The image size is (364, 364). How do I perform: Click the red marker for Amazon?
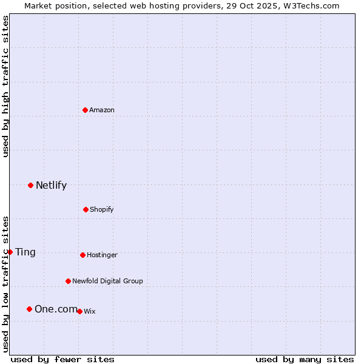pyautogui.click(x=86, y=110)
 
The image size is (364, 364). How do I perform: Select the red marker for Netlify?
pyautogui.click(x=31, y=185)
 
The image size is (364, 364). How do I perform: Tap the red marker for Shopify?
pyautogui.click(x=86, y=209)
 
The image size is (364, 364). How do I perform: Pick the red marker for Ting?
pyautogui.click(x=10, y=252)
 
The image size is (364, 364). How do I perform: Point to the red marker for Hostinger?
pyautogui.click(x=83, y=255)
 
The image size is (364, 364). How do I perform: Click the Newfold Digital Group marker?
pyautogui.click(x=68, y=281)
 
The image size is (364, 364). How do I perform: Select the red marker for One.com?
pyautogui.click(x=29, y=309)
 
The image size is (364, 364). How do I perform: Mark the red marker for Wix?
pyautogui.click(x=79, y=311)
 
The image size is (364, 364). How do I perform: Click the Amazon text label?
pyautogui.click(x=102, y=110)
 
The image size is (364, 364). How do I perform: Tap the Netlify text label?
pyautogui.click(x=51, y=185)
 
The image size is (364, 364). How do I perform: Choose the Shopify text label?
pyautogui.click(x=102, y=209)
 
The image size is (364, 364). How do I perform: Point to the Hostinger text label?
pyautogui.click(x=102, y=255)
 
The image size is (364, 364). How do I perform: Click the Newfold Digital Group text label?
pyautogui.click(x=107, y=281)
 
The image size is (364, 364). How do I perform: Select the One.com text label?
pyautogui.click(x=56, y=309)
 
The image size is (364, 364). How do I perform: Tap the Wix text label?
pyautogui.click(x=89, y=311)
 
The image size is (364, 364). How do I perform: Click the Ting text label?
pyautogui.click(x=25, y=252)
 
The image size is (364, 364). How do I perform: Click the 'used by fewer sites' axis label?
pyautogui.click(x=62, y=359)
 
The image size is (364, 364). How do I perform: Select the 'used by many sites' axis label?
pyautogui.click(x=305, y=359)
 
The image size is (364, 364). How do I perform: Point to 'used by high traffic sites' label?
pyautogui.click(x=5, y=86)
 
